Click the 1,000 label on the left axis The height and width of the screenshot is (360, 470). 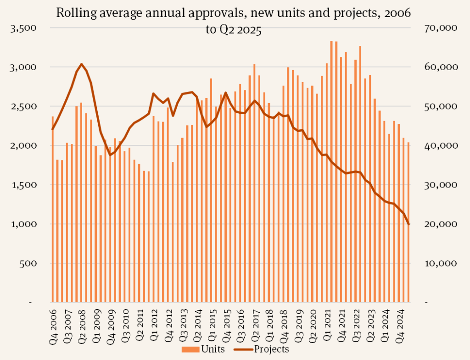pyautogui.click(x=26, y=224)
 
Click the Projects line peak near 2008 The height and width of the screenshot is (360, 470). pyautogui.click(x=81, y=64)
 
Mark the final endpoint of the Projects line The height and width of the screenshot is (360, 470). pyautogui.click(x=408, y=224)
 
